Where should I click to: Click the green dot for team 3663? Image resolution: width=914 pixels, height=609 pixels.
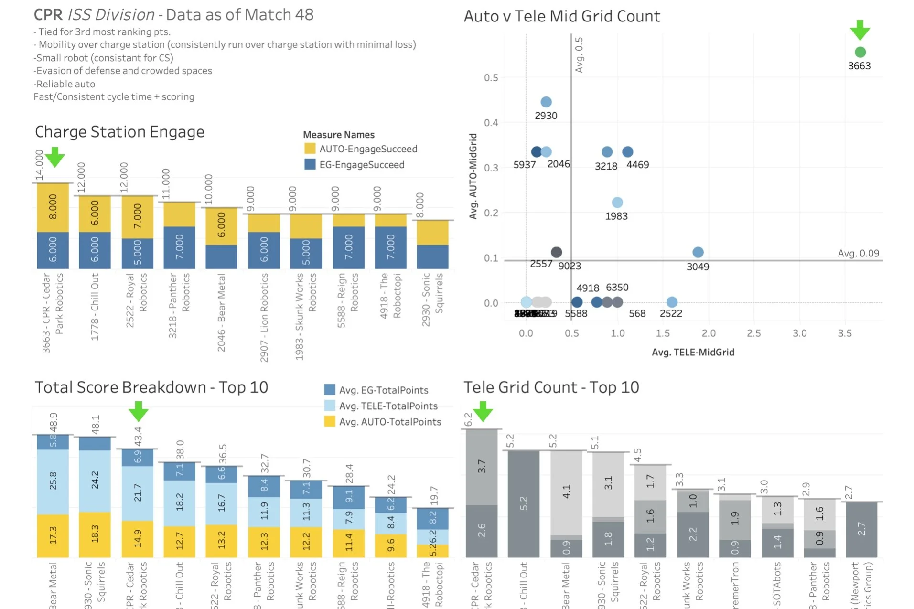click(x=860, y=52)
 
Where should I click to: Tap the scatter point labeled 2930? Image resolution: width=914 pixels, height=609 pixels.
click(x=546, y=102)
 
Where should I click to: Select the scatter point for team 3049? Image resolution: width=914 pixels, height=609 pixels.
click(x=698, y=252)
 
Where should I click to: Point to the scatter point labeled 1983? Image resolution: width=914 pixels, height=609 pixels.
click(x=617, y=203)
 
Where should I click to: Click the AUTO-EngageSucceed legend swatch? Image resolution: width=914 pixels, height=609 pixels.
click(x=310, y=149)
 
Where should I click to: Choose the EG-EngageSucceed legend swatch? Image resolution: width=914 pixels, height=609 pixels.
click(x=310, y=164)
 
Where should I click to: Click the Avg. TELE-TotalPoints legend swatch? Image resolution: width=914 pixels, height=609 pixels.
click(x=329, y=406)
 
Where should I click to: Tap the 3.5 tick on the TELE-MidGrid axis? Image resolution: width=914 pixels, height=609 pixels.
click(x=844, y=333)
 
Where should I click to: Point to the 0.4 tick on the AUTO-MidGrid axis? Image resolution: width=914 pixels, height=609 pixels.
click(x=491, y=123)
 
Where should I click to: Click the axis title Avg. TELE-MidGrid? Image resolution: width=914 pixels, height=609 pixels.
click(x=693, y=352)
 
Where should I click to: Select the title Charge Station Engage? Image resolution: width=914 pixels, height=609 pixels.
click(x=119, y=132)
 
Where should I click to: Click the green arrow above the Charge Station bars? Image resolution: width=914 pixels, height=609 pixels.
click(x=55, y=157)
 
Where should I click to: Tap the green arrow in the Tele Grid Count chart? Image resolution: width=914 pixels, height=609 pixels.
click(x=483, y=411)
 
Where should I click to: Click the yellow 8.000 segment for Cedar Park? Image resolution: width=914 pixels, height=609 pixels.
click(x=53, y=207)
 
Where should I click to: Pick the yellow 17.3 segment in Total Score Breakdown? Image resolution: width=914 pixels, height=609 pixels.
click(x=53, y=535)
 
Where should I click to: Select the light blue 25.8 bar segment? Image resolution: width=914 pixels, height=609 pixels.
click(x=53, y=481)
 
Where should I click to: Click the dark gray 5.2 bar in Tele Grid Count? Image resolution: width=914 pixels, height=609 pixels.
click(x=524, y=503)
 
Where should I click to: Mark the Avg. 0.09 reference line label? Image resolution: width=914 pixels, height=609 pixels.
click(x=858, y=253)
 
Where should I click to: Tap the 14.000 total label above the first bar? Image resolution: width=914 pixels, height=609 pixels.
click(x=39, y=165)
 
